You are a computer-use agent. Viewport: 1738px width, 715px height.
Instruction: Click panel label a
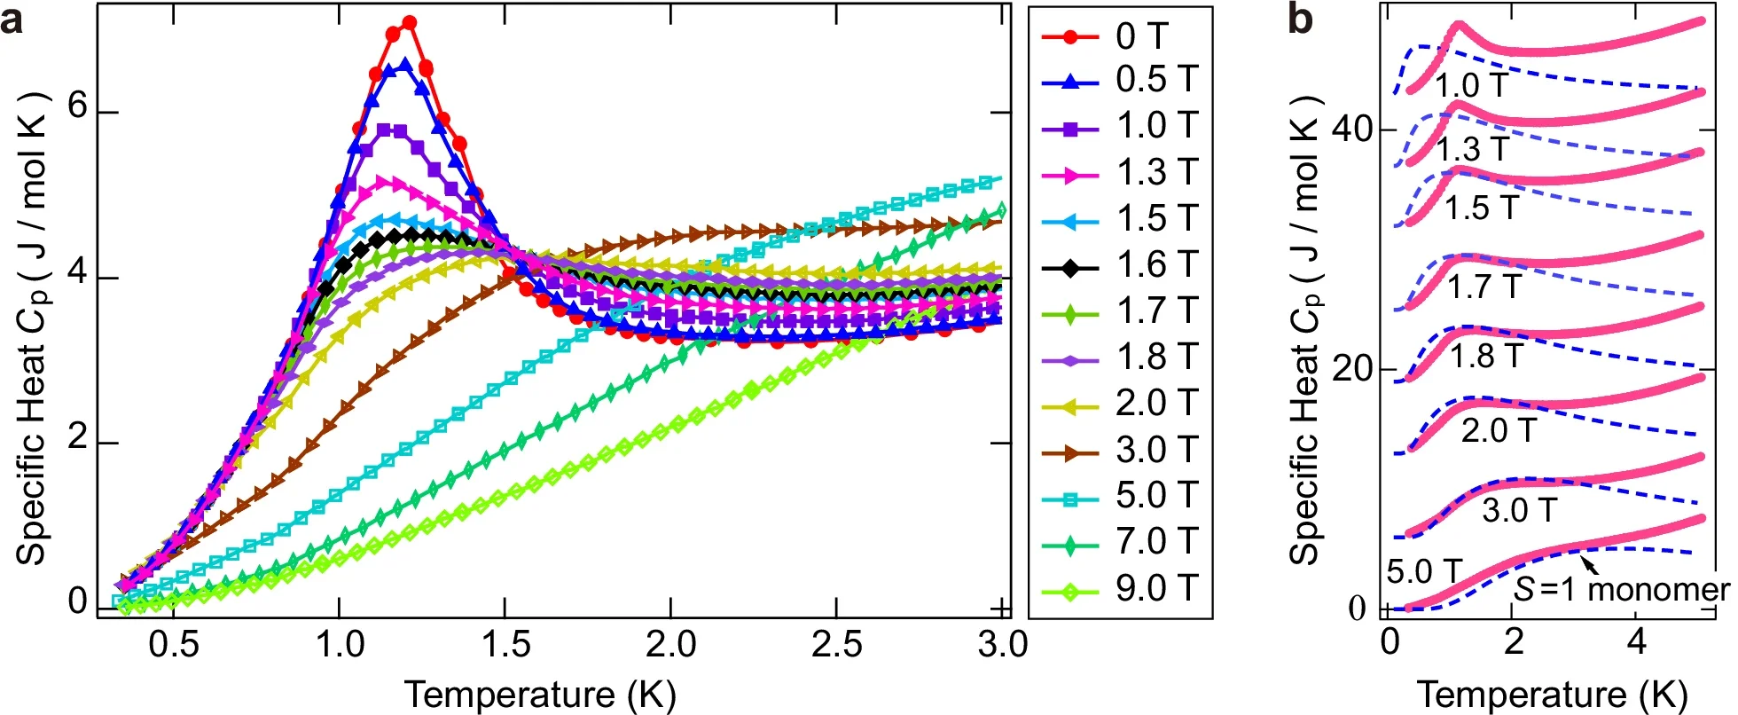tap(12, 20)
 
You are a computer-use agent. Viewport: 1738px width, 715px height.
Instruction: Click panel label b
tap(1300, 20)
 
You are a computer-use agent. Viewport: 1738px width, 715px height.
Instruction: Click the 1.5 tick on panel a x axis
tap(505, 645)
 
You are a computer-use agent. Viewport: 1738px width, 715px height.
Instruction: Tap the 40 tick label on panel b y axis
tap(1351, 130)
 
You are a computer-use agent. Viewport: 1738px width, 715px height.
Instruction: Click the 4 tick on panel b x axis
tap(1637, 641)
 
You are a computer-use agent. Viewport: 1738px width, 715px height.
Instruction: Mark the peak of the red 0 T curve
tap(409, 21)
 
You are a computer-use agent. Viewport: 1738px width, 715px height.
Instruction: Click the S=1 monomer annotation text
tap(1620, 590)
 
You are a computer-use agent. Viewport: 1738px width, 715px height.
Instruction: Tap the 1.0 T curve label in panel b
tap(1471, 86)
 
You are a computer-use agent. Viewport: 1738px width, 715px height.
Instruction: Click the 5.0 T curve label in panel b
tap(1423, 572)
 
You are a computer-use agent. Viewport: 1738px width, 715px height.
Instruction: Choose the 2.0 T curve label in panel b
tap(1498, 431)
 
